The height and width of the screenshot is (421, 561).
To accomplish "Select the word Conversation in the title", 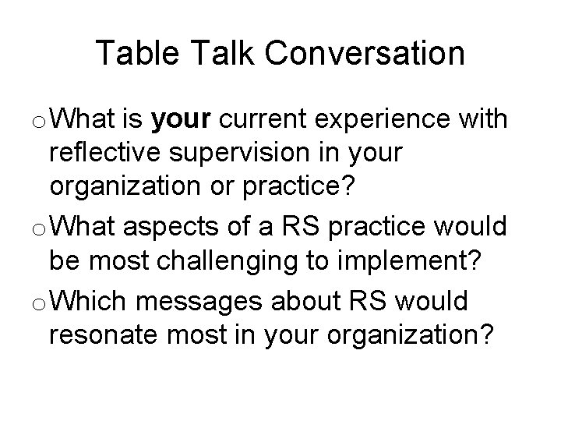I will [365, 54].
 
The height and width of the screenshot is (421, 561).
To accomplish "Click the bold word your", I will [182, 121].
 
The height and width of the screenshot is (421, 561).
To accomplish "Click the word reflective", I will [106, 154].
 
